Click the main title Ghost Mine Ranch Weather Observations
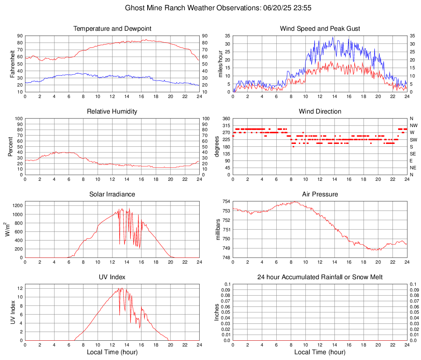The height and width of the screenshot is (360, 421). [210, 8]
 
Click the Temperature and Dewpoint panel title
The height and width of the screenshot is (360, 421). [112, 29]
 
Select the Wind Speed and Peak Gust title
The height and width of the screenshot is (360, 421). [320, 29]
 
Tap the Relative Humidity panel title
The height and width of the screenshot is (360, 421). [112, 112]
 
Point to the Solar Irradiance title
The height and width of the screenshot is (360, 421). [112, 194]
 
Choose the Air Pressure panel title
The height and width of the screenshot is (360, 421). [320, 194]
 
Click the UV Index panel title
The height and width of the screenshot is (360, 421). [112, 277]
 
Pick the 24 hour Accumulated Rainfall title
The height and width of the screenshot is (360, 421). [320, 277]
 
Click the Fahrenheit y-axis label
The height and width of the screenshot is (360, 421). [12, 64]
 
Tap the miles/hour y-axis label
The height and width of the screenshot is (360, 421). [220, 64]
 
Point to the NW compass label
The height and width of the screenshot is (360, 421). [414, 125]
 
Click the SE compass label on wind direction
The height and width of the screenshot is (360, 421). [413, 154]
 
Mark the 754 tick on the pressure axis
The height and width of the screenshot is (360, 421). [225, 201]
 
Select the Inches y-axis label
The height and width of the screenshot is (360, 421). [217, 312]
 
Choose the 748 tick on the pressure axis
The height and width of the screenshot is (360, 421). [225, 257]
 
